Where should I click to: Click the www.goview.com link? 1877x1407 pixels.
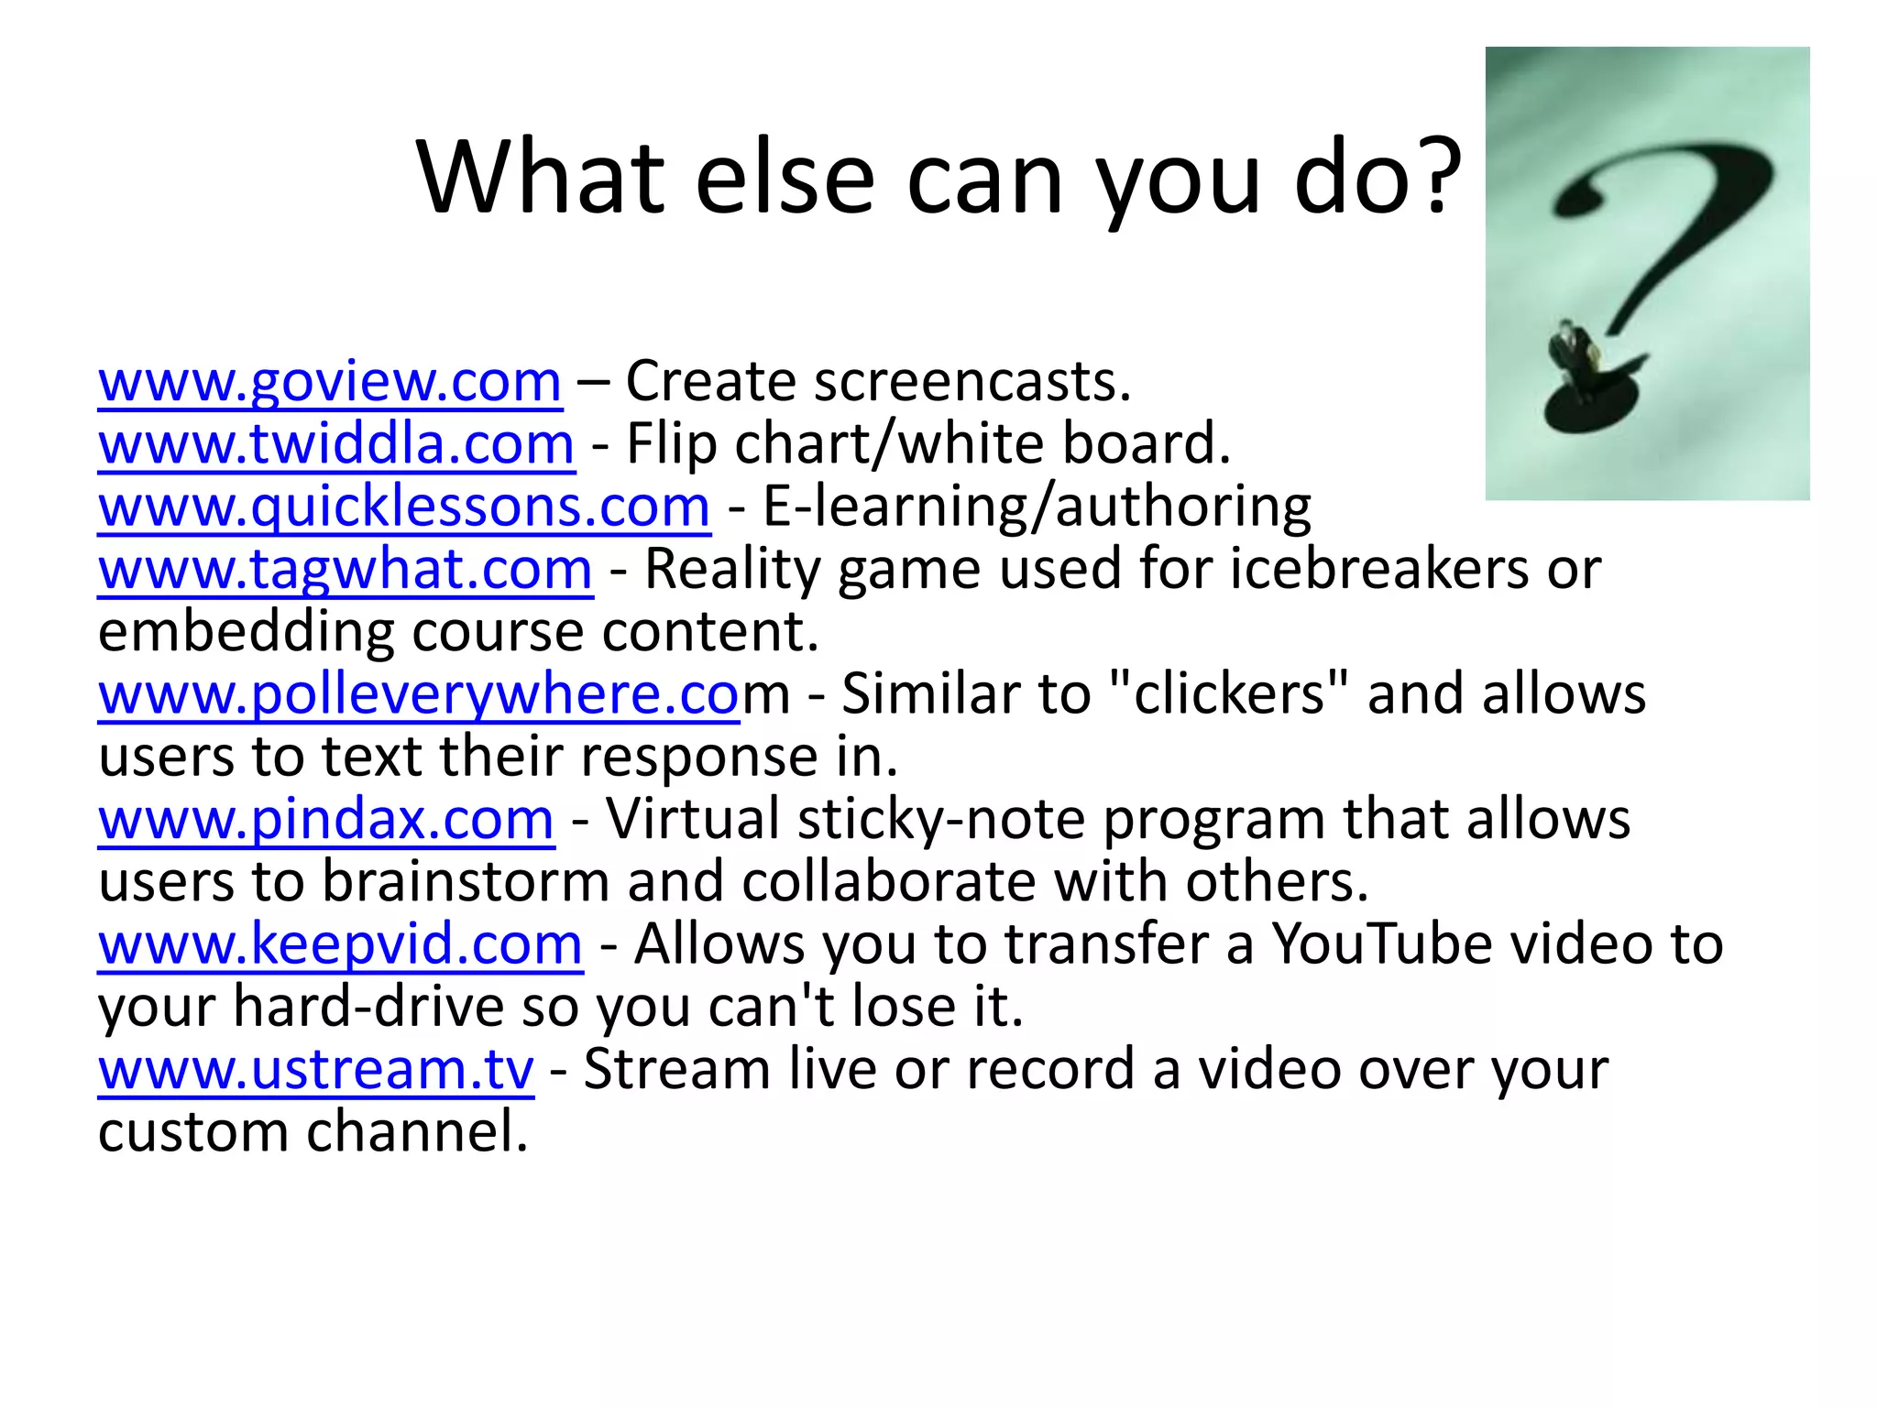(x=330, y=382)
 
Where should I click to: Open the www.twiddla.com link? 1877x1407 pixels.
(x=336, y=444)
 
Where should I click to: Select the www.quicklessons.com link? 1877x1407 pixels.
(x=404, y=507)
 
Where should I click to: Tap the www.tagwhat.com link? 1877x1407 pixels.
(x=346, y=569)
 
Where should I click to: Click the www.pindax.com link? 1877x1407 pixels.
(x=326, y=819)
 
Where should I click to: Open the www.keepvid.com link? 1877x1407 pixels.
(x=340, y=944)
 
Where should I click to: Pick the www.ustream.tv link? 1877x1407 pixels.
(x=316, y=1069)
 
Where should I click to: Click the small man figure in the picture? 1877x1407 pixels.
(x=1573, y=353)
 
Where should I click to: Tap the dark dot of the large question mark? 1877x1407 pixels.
(x=1590, y=404)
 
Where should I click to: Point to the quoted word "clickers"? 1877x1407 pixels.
(x=1228, y=694)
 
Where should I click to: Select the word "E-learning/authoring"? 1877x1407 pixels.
(x=1037, y=507)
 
